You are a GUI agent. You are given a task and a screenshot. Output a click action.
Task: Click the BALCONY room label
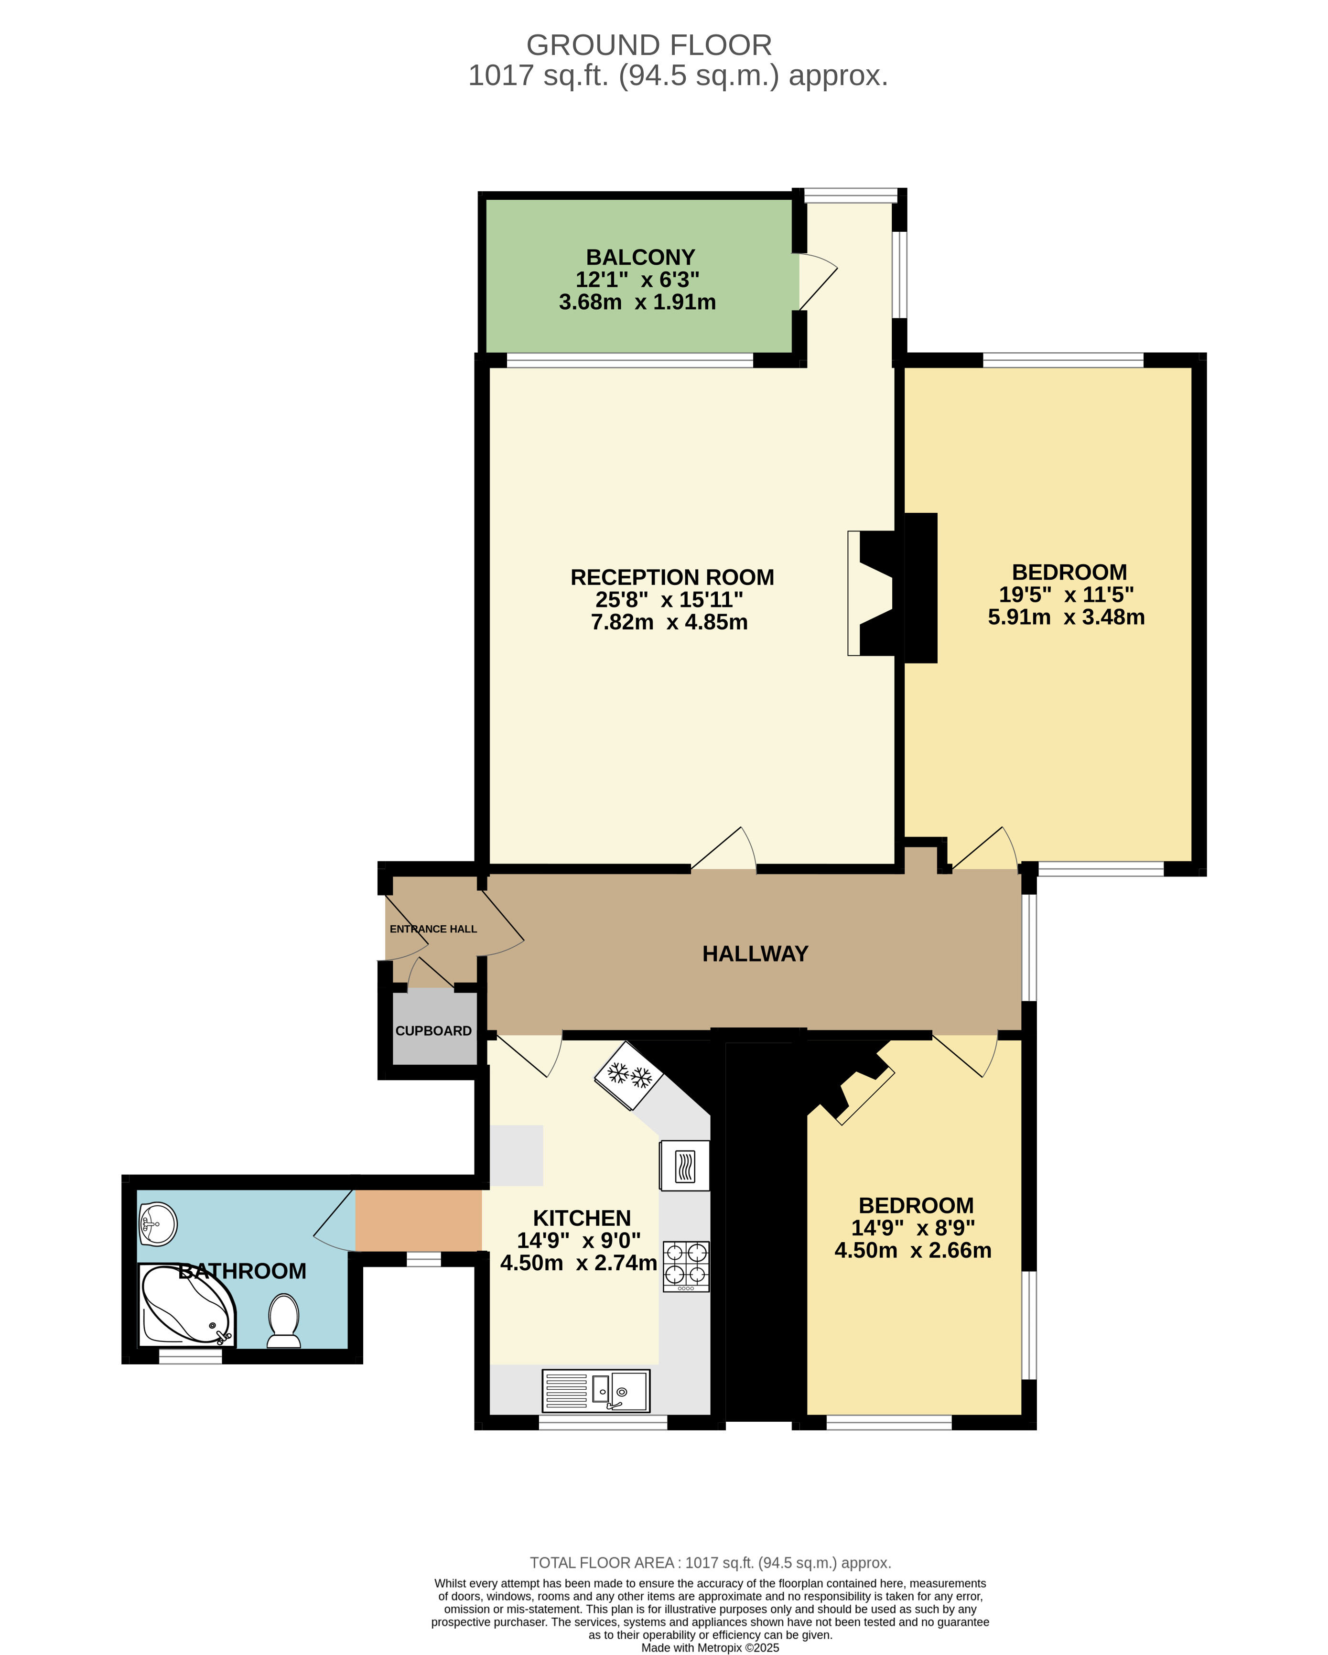point(640,257)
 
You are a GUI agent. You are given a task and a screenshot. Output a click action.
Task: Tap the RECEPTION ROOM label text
point(672,577)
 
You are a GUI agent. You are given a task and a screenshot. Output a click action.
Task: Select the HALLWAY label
point(756,954)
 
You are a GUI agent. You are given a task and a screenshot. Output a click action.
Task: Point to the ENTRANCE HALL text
point(433,929)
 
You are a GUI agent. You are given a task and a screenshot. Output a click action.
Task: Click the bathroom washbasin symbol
point(158,1223)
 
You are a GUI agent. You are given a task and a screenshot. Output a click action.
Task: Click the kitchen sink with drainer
point(596,1390)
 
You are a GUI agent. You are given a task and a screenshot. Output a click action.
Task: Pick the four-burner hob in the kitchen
point(685,1266)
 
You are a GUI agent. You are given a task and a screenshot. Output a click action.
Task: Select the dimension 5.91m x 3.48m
point(1066,617)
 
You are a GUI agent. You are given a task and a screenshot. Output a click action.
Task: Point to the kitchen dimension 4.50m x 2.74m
point(578,1263)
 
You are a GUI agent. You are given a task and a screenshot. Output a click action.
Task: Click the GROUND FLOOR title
point(648,45)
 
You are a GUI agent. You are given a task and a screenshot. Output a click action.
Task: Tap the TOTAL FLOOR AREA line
point(710,1563)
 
